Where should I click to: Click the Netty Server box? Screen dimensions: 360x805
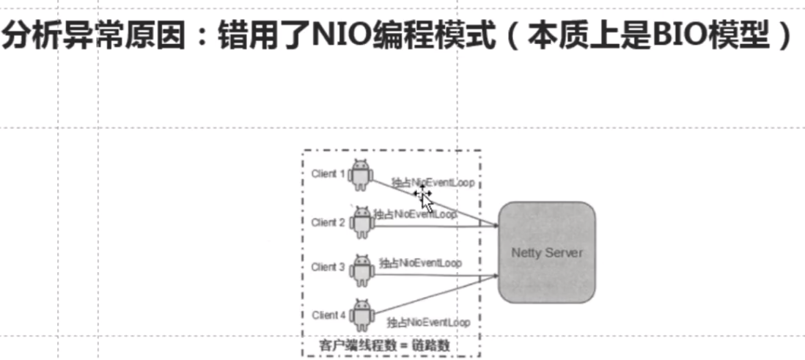[546, 251]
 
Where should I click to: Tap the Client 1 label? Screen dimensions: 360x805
[328, 174]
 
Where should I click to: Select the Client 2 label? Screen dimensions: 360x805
[328, 222]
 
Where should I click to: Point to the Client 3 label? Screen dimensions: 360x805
[328, 267]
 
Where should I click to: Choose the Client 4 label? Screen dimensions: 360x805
[328, 315]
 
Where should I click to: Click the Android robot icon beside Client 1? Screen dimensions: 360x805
[361, 175]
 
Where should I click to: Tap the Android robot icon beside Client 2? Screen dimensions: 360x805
[361, 221]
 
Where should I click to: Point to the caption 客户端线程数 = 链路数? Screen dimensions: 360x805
[392, 345]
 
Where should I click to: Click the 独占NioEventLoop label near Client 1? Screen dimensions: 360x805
[433, 182]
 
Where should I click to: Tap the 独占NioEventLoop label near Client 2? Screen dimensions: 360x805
[415, 214]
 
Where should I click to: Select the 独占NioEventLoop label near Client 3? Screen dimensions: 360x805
[420, 262]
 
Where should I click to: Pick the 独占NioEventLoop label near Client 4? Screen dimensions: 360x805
[428, 322]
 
